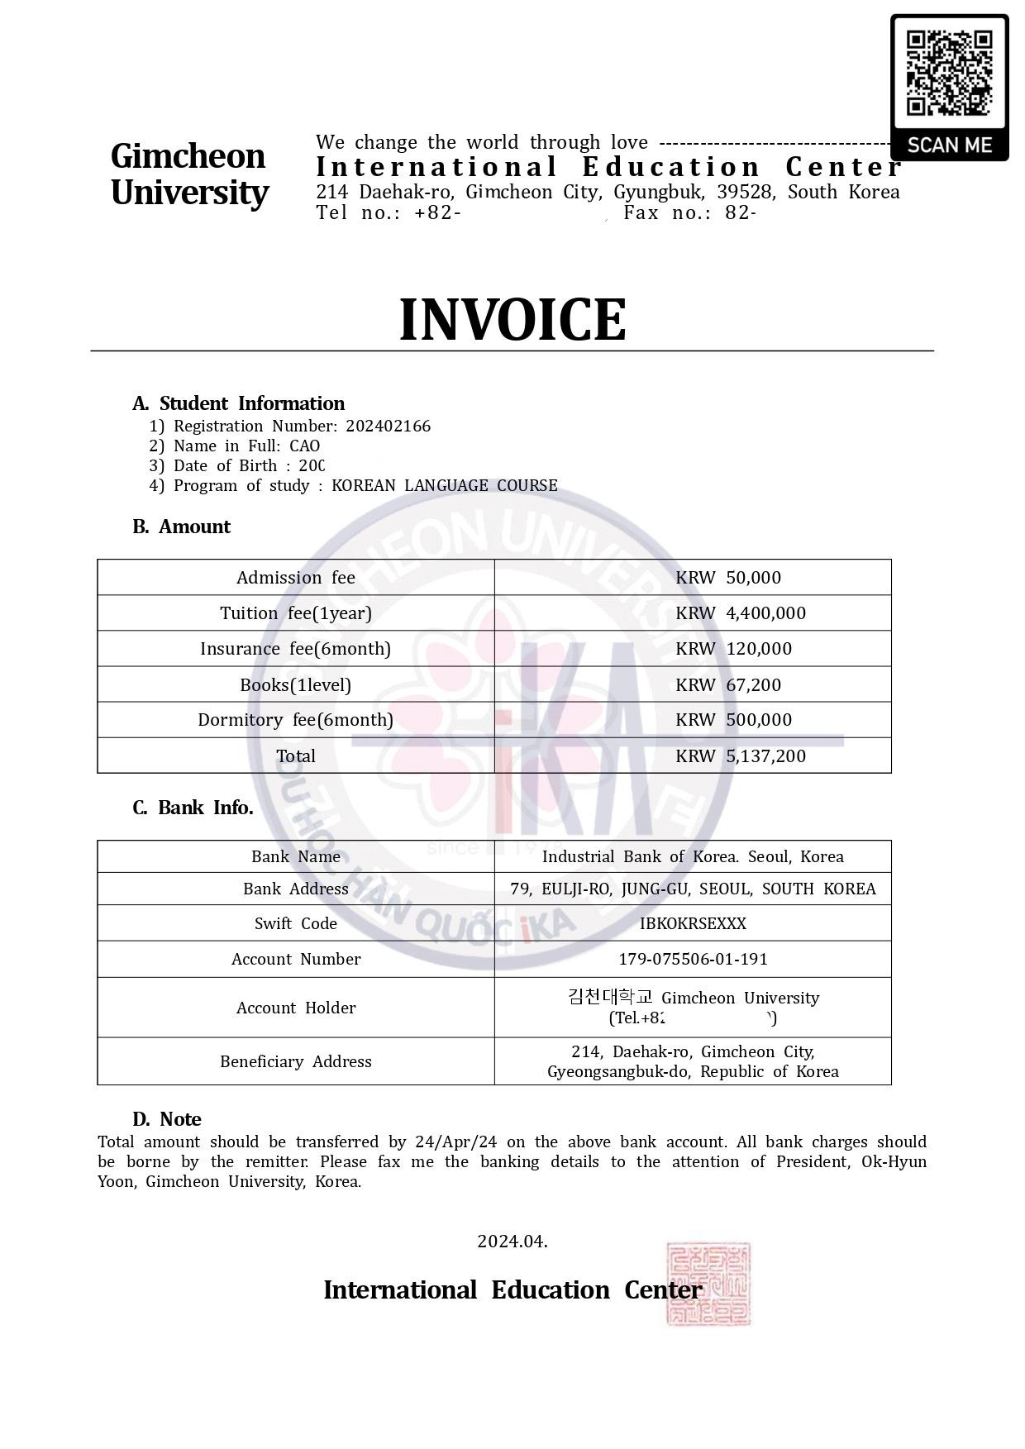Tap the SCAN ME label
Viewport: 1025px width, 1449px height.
(x=949, y=145)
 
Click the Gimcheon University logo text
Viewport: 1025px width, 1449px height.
(x=189, y=174)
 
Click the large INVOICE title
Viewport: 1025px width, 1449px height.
(x=512, y=319)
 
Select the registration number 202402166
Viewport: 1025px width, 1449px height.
(x=388, y=426)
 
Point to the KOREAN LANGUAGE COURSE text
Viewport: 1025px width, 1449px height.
(x=444, y=485)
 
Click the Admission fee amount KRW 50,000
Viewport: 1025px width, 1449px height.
(x=727, y=577)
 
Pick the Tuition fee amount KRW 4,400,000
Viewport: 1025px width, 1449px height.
(x=740, y=612)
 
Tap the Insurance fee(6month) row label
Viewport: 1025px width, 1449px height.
(x=295, y=648)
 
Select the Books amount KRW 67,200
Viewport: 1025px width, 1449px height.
(x=727, y=684)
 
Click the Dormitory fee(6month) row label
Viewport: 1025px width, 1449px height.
(x=295, y=719)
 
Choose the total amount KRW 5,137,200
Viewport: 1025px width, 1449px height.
(x=740, y=755)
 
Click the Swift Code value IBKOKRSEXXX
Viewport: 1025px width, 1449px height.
(x=693, y=923)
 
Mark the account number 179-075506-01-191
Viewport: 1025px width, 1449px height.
(x=693, y=959)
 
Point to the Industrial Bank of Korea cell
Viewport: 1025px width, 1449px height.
(x=693, y=856)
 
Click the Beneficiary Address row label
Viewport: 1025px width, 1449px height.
(x=295, y=1061)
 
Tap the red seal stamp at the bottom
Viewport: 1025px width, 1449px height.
(x=708, y=1283)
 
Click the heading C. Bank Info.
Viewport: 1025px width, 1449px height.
(x=193, y=808)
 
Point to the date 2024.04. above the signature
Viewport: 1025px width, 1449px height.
(x=512, y=1241)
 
